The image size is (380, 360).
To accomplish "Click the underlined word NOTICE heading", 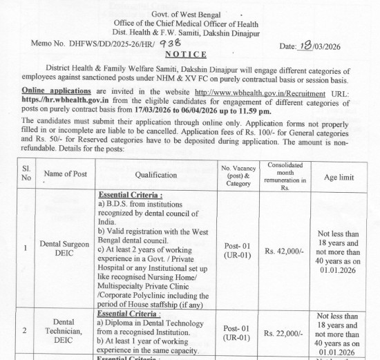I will click(186, 55).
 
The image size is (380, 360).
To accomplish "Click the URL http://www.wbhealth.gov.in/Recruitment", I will click(251, 91).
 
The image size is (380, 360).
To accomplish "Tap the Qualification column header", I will click(156, 176).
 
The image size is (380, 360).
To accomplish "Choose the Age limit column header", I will click(339, 177).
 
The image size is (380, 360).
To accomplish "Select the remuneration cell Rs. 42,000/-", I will click(284, 252).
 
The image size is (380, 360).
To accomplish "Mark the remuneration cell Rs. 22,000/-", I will click(284, 333).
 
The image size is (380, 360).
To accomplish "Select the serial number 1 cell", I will click(25, 248).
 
